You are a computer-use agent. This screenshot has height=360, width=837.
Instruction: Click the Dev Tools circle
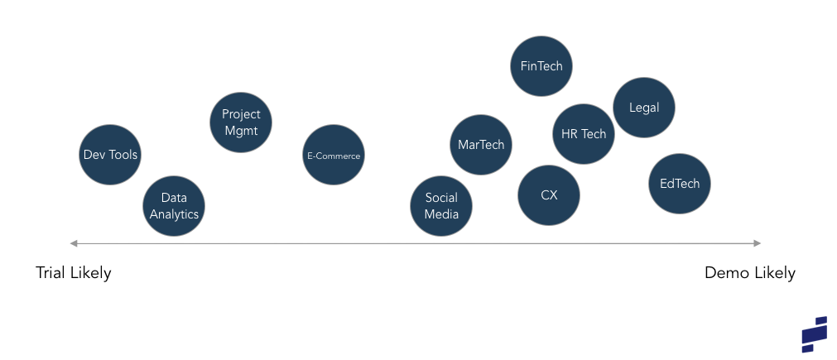click(x=110, y=154)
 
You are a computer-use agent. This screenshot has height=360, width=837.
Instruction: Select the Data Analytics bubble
click(x=174, y=206)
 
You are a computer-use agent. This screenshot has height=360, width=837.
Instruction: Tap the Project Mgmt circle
click(x=240, y=122)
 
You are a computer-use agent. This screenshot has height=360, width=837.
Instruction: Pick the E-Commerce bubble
click(x=333, y=155)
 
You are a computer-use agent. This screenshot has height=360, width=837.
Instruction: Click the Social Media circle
click(x=441, y=206)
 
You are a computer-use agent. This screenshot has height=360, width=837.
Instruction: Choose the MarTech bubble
click(x=481, y=145)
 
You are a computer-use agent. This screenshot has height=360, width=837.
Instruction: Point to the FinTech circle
click(x=541, y=65)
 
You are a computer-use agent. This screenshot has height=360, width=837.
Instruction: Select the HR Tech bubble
click(x=584, y=134)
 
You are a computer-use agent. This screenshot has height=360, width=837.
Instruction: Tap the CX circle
click(x=549, y=195)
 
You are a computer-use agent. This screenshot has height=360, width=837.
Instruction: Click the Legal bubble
click(x=644, y=108)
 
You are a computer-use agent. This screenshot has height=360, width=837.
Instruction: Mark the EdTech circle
click(x=680, y=184)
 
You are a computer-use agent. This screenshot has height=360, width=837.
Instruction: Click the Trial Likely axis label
click(x=74, y=273)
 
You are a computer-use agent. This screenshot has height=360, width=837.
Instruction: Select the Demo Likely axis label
click(x=749, y=273)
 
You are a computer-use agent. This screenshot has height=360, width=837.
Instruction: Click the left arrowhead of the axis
click(x=73, y=243)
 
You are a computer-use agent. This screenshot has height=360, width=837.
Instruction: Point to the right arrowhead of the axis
click(x=757, y=243)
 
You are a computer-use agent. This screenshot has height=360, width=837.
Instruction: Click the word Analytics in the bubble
click(x=174, y=214)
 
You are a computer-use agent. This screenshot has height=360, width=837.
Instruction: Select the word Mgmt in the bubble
click(x=241, y=131)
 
